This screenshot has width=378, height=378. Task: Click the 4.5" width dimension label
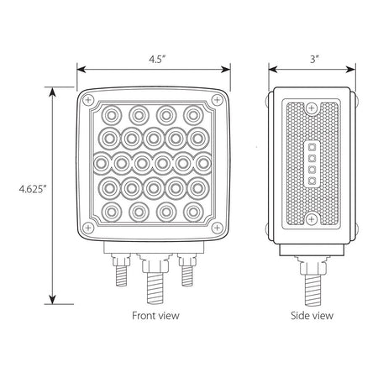(157, 60)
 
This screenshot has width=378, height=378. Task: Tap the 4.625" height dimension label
(33, 189)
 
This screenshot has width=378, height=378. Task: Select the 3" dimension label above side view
(315, 59)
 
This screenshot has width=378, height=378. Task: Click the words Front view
(155, 316)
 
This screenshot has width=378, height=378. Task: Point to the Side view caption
(312, 316)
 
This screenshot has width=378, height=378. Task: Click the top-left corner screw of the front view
(89, 100)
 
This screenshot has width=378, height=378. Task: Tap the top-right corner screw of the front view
(217, 100)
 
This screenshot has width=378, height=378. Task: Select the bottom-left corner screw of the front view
(89, 228)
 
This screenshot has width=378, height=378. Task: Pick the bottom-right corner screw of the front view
(217, 228)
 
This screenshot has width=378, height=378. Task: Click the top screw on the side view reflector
(311, 108)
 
